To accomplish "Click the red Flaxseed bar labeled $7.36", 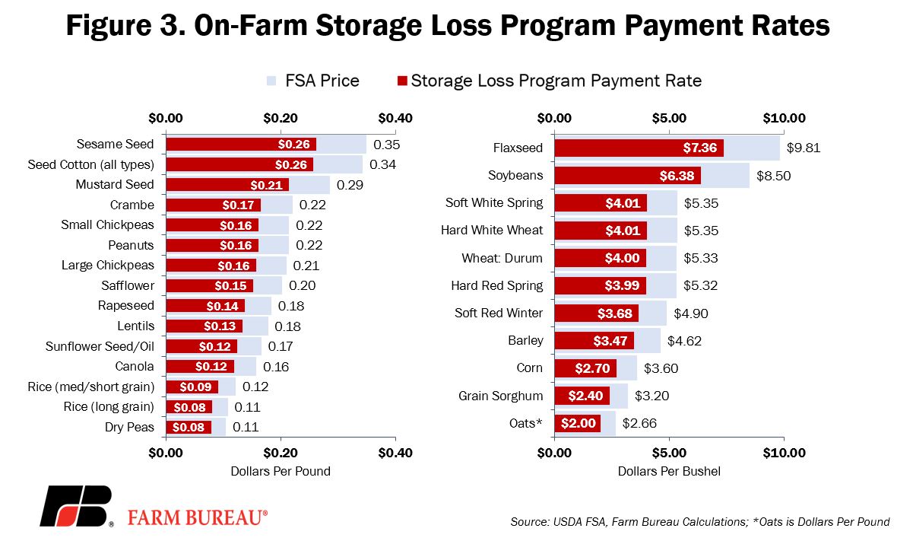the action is tap(639, 148).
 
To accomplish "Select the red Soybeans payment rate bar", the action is tap(628, 176).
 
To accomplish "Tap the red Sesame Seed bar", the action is tap(241, 144).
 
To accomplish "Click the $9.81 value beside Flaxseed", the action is tap(803, 148).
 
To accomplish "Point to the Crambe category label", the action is tap(132, 205).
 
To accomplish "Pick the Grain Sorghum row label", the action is tap(500, 396).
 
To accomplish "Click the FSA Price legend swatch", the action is tap(271, 81).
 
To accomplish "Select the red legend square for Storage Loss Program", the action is tap(402, 81).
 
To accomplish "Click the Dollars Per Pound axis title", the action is tap(281, 471).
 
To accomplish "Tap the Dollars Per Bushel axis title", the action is tap(669, 471).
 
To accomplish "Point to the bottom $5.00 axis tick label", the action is tap(669, 453).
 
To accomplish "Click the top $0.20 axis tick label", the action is tap(281, 118).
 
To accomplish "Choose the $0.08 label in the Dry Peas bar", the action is tap(189, 427).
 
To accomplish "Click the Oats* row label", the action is tap(526, 423).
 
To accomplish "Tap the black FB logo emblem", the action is tap(76, 506).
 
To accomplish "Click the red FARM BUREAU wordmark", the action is tap(198, 517).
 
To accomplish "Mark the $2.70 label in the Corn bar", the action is tap(592, 368).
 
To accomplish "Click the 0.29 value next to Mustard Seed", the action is tap(350, 185).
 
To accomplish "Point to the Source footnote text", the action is tap(700, 522).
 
